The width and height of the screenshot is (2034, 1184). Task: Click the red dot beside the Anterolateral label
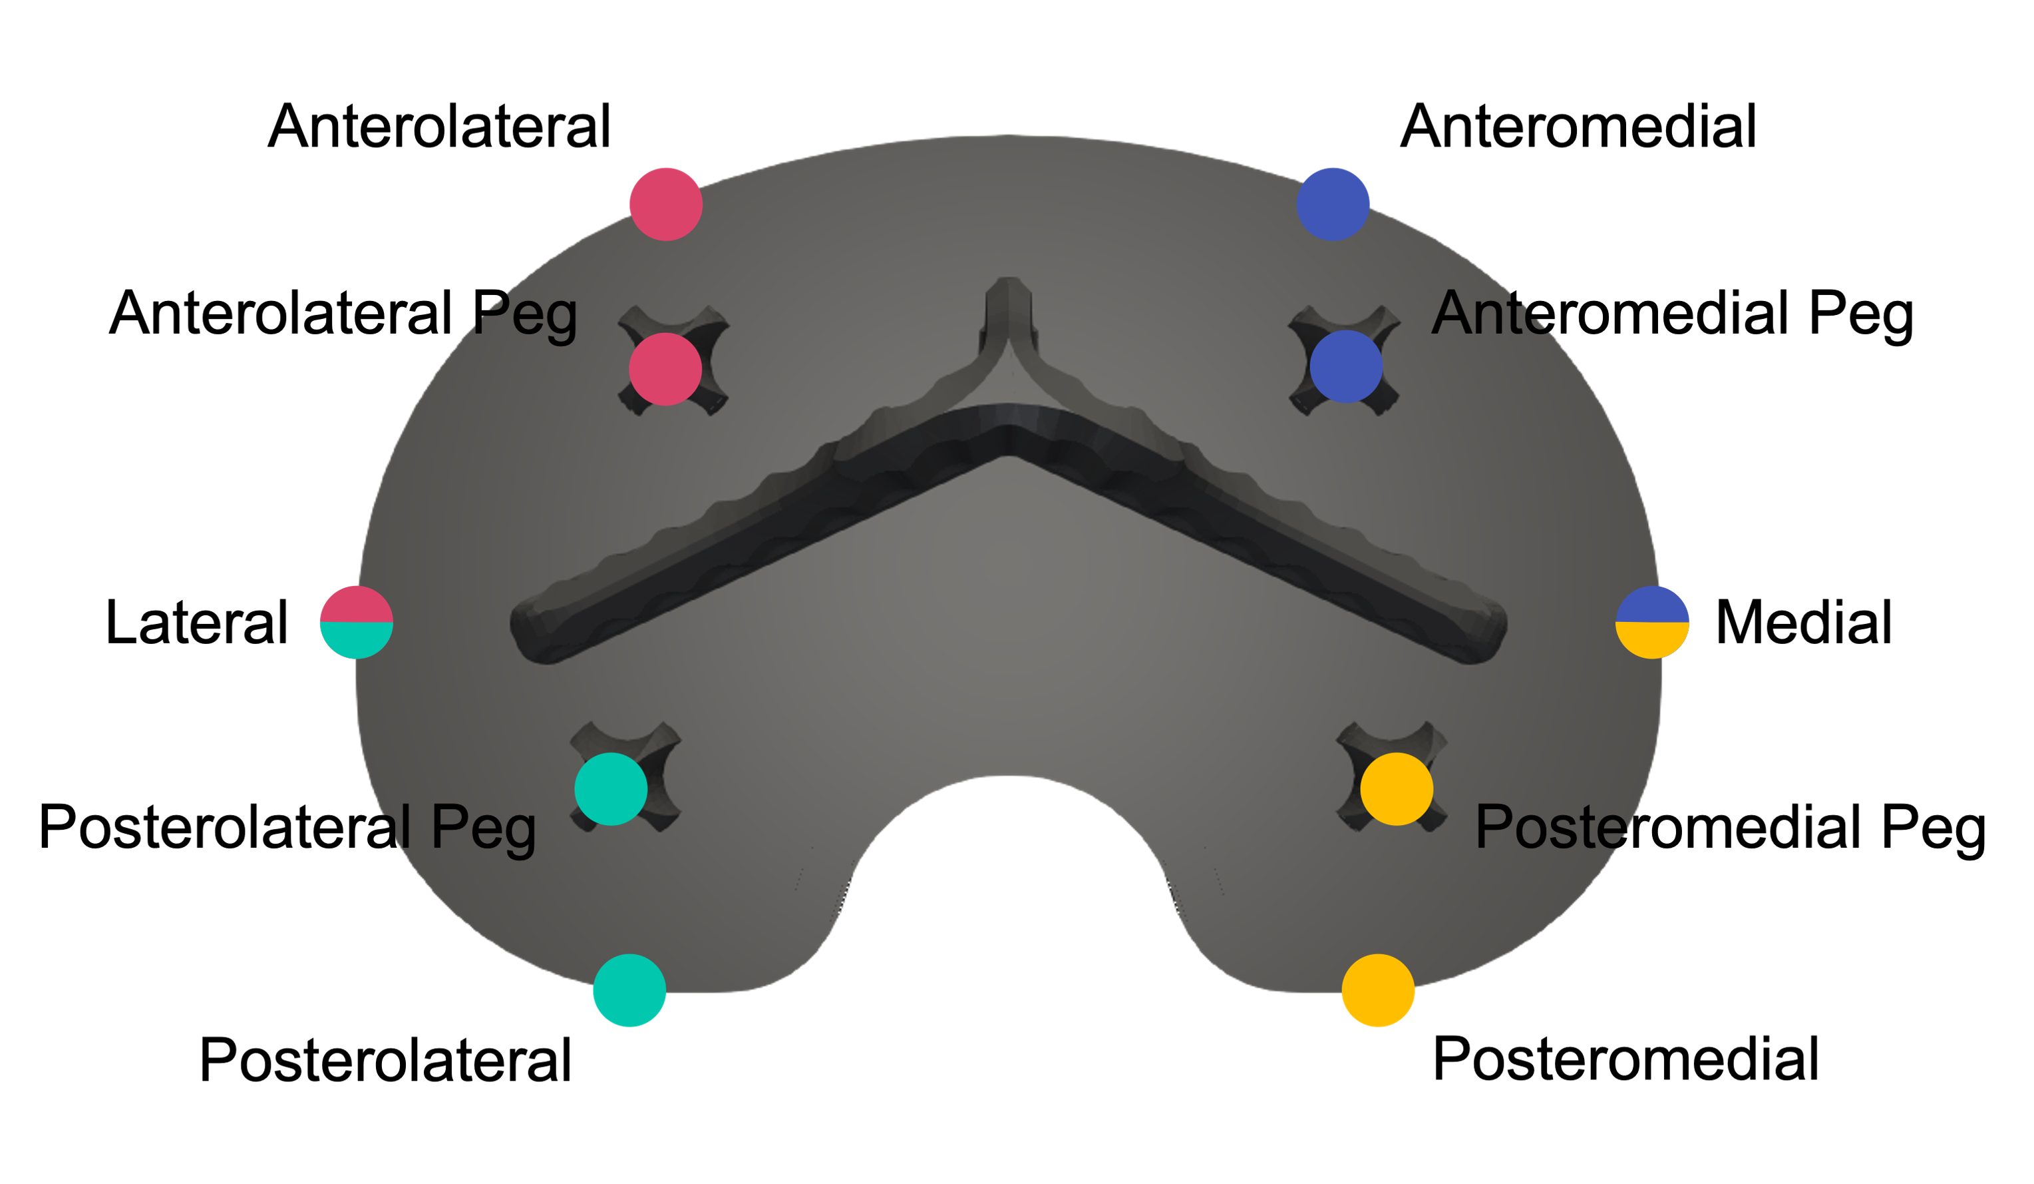[666, 204]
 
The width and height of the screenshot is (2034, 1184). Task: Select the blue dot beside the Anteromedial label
[1333, 204]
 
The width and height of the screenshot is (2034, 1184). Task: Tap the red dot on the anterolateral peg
[665, 369]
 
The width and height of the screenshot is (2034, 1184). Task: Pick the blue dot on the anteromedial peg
[1346, 367]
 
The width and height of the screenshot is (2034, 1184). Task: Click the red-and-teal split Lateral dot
[357, 622]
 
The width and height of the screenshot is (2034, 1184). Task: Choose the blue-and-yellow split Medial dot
[1652, 622]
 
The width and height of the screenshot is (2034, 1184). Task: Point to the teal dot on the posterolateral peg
[611, 789]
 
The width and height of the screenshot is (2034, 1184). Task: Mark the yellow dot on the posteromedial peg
[1397, 789]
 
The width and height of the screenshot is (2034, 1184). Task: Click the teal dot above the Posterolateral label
[629, 990]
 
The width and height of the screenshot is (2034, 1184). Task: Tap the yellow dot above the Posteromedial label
[1379, 990]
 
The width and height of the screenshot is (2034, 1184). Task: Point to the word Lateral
[196, 623]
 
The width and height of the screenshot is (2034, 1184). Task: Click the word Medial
[1803, 623]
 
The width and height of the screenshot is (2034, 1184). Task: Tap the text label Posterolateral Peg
[287, 827]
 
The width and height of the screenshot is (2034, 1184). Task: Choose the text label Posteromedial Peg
[1731, 827]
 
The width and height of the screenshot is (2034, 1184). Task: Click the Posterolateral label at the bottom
[385, 1059]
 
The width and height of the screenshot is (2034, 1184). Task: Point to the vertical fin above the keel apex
[1008, 315]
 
